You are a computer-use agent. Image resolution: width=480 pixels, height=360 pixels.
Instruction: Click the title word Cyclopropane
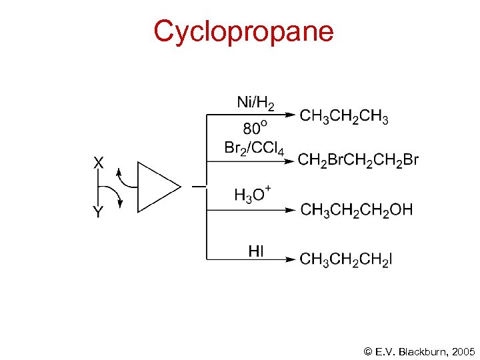243,32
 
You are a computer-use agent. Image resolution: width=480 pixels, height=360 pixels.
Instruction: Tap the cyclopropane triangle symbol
155,187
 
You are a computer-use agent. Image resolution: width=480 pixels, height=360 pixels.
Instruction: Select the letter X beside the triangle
99,163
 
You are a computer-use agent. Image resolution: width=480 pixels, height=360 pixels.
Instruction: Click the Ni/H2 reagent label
255,103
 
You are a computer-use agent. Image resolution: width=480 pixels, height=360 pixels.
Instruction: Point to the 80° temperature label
254,127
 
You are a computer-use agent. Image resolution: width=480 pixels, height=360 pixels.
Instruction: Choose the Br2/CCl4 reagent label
254,148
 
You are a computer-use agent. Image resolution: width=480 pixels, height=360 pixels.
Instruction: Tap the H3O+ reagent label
253,195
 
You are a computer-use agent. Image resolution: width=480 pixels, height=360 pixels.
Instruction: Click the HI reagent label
256,251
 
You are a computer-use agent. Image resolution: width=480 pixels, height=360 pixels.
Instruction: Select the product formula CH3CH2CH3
344,117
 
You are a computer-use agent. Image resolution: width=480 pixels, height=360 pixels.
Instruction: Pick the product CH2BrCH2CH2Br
358,159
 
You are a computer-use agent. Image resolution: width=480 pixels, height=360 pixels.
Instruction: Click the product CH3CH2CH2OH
357,210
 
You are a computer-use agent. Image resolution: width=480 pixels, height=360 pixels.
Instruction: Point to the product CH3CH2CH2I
346,259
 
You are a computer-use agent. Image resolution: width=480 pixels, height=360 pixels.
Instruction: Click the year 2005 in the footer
463,351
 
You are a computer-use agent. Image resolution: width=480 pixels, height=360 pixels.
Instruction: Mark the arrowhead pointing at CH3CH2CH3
289,115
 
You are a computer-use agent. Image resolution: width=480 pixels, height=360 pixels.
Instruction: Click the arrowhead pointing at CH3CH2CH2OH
289,209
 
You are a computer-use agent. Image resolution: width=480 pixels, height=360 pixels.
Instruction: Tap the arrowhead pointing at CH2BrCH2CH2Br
289,160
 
